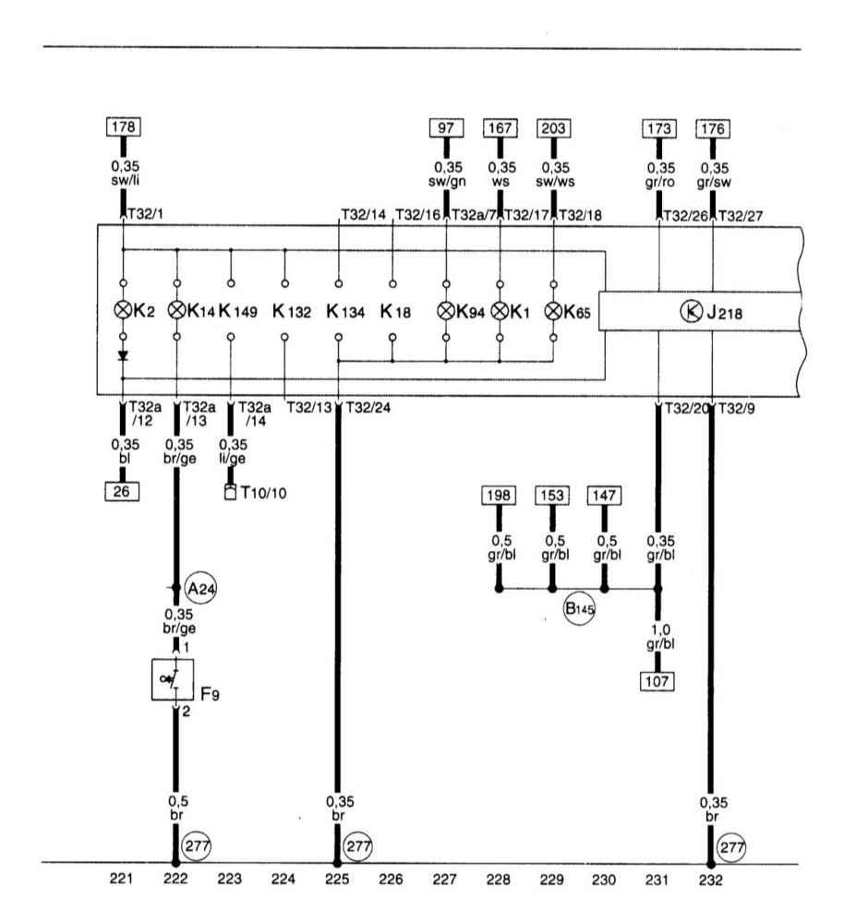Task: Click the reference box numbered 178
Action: pos(124,126)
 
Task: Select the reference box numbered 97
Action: pos(446,127)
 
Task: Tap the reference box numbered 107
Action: pos(657,682)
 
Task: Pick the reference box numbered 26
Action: pos(122,491)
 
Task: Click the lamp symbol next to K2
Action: pos(123,309)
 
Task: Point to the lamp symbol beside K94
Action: pos(446,311)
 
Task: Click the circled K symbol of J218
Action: pos(691,311)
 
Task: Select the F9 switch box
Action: pos(173,679)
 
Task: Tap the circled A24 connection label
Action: pos(200,588)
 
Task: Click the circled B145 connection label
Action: pos(579,608)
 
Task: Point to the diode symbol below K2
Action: pos(123,355)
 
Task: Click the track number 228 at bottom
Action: pos(498,879)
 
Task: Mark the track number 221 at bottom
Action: pos(121,879)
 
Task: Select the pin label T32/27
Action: pos(741,216)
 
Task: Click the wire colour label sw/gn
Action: pos(447,181)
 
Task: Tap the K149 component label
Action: pos(238,310)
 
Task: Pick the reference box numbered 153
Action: pos(552,496)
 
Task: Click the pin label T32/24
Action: pos(368,407)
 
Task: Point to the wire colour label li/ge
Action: pos(233,458)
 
